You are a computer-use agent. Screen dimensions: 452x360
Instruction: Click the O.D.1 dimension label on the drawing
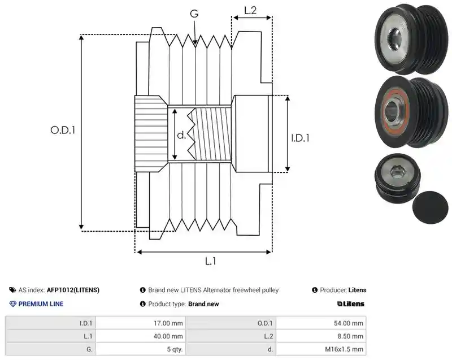tap(63, 131)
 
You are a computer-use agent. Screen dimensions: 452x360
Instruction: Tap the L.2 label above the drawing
tap(250, 10)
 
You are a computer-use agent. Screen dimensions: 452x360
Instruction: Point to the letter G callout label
tap(194, 14)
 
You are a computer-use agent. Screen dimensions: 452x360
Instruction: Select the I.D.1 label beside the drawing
tap(300, 138)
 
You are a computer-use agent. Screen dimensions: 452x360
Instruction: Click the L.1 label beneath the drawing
tap(210, 261)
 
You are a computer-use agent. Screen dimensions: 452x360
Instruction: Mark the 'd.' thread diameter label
tap(181, 135)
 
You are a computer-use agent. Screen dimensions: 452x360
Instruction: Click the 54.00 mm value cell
tap(321, 323)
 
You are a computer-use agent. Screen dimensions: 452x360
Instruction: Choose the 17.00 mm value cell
tap(141, 323)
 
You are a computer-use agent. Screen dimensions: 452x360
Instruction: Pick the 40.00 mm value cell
tap(141, 336)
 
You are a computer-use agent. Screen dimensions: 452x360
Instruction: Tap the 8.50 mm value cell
tap(321, 336)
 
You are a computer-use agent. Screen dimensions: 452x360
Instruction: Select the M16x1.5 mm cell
tap(321, 349)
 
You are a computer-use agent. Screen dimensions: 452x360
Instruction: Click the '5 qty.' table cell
tap(141, 349)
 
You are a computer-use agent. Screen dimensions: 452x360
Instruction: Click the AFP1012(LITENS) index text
tap(73, 290)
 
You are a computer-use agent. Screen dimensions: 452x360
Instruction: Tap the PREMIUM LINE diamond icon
tap(13, 304)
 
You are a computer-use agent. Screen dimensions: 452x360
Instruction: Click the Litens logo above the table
tap(351, 304)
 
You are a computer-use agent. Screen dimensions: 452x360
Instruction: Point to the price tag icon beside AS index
tap(12, 290)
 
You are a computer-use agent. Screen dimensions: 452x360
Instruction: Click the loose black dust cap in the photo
tap(431, 207)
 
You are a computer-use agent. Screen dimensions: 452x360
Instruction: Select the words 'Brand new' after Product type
tap(203, 304)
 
